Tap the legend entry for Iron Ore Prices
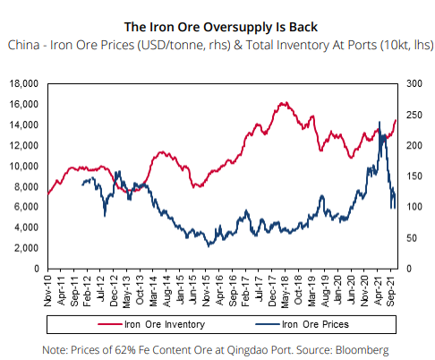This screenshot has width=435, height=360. point(314,323)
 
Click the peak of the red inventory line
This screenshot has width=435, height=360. point(283,103)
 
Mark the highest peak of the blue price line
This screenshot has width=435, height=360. point(383,133)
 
